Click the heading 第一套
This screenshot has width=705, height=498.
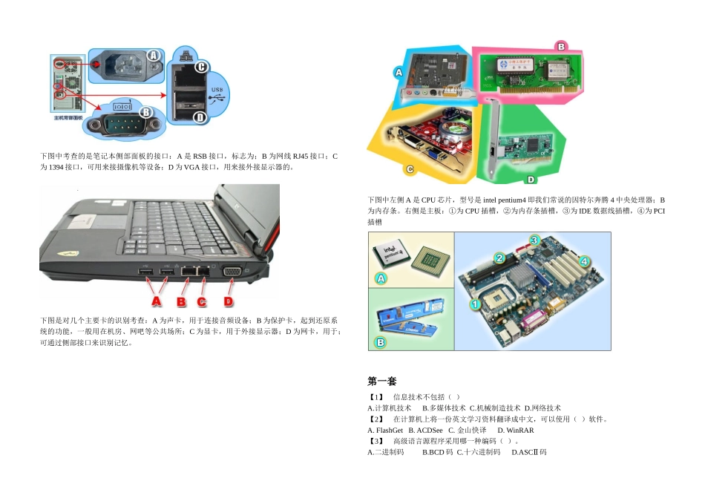click(382, 381)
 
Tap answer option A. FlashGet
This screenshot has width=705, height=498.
click(385, 430)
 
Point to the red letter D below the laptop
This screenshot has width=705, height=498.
click(229, 302)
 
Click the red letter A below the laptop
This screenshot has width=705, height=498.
click(157, 302)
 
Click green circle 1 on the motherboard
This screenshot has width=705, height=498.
click(474, 304)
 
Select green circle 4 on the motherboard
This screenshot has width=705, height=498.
click(585, 261)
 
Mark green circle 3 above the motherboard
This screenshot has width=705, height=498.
click(534, 240)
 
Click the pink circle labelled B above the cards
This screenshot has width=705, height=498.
click(561, 46)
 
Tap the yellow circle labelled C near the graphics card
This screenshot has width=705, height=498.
click(409, 169)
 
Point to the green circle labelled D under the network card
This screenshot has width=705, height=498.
click(530, 180)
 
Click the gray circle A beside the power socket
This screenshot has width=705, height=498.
click(153, 56)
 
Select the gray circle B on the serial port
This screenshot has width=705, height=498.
click(145, 112)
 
